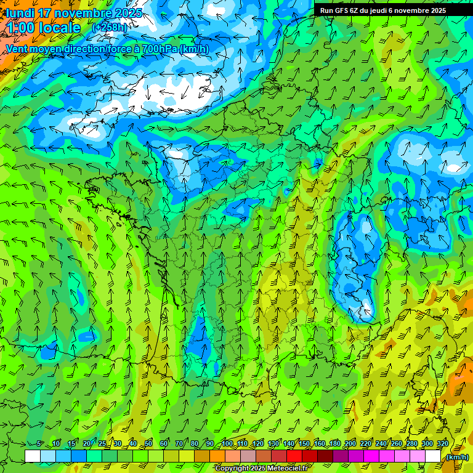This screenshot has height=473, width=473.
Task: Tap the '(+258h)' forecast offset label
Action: point(110,28)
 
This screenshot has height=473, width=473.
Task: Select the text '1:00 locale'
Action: point(42,28)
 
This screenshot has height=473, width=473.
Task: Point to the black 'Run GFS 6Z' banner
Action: point(383,10)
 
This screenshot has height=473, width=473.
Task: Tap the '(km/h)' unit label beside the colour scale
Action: point(457,456)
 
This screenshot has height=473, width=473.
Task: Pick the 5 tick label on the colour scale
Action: point(40,444)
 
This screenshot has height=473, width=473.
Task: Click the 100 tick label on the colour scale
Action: point(227,444)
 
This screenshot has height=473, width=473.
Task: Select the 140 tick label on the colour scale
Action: point(288,444)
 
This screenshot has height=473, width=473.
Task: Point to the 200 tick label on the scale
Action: point(350,444)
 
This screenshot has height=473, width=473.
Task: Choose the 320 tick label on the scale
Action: point(442,444)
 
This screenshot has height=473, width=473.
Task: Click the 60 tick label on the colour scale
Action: point(164,444)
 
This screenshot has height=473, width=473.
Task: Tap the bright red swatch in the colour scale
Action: point(295,456)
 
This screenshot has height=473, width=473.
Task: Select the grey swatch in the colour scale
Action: point(249,456)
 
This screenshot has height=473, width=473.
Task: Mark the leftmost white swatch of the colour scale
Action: point(33,456)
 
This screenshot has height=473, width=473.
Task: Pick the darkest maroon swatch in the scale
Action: point(326,456)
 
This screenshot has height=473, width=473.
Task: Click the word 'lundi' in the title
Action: point(18,13)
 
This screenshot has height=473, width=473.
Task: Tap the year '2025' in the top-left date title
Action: point(128,13)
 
